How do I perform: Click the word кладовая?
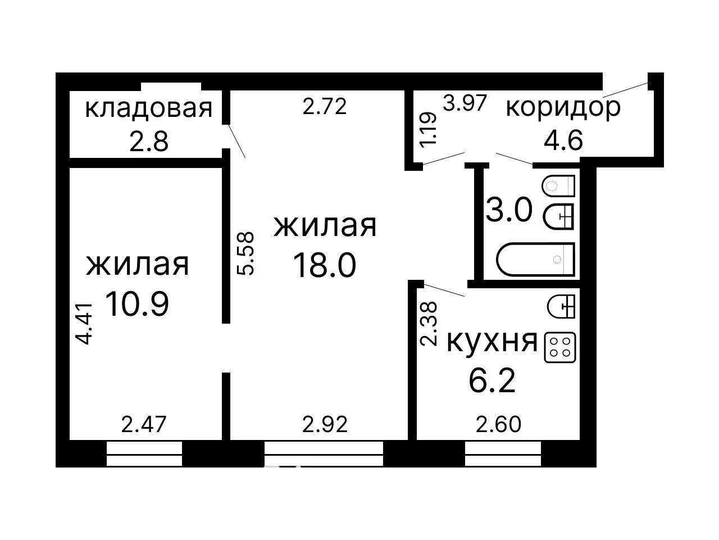149,109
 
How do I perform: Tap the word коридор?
563,107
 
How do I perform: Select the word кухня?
492,342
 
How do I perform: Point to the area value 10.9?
137,304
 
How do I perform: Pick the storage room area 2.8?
149,142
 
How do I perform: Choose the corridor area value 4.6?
563,140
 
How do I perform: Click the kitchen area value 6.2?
492,381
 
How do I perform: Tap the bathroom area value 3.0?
509,210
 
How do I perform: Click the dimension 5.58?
245,253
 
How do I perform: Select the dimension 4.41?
84,324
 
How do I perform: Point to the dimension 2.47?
144,424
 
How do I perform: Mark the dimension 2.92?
325,424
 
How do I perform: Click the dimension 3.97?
465,103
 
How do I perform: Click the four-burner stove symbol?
560,348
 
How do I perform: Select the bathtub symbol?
535,260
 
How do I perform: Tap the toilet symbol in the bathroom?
558,186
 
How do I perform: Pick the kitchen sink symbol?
561,307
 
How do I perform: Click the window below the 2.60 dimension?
503,454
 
